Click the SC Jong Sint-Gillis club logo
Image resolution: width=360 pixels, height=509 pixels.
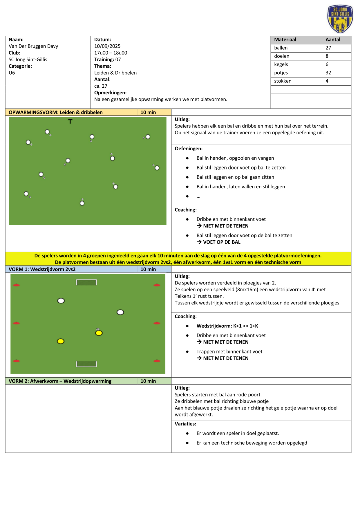(x=340, y=19)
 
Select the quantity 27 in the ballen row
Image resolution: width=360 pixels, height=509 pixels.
(x=328, y=48)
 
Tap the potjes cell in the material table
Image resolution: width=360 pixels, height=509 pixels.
(x=281, y=73)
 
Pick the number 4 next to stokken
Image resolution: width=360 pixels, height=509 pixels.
(x=327, y=81)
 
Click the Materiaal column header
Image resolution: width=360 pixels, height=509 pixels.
(x=285, y=40)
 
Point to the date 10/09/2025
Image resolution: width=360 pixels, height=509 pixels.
(x=107, y=46)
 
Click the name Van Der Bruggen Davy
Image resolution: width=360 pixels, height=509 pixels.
(x=33, y=46)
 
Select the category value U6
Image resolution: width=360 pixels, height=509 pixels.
(x=12, y=73)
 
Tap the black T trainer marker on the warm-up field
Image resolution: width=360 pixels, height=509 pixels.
(x=70, y=121)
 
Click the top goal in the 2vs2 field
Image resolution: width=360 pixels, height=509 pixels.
(x=86, y=282)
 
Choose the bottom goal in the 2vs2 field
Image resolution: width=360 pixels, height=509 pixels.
(x=86, y=364)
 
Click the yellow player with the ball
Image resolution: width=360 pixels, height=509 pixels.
(x=99, y=333)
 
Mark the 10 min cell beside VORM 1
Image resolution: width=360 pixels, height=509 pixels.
(x=148, y=269)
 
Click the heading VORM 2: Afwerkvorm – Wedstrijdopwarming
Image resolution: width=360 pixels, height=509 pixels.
(x=60, y=381)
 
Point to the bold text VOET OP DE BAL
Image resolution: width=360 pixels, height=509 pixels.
(x=222, y=242)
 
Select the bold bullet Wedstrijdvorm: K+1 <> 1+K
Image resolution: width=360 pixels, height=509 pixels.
(x=227, y=326)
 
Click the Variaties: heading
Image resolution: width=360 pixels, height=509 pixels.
(x=185, y=424)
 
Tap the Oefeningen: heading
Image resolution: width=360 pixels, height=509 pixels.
(x=189, y=149)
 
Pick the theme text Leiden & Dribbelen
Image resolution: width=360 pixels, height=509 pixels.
(x=115, y=73)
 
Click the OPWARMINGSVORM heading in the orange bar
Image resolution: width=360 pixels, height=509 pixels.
(x=56, y=112)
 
